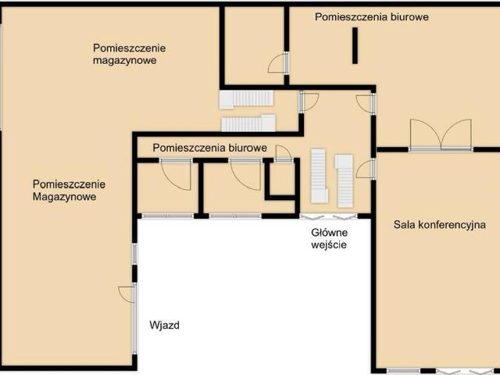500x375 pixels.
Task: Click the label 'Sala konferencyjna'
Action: (440, 225)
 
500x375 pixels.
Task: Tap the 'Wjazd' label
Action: (165, 325)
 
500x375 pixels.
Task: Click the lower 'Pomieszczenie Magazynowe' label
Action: (69, 191)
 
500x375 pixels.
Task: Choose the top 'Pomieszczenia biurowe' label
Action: (371, 16)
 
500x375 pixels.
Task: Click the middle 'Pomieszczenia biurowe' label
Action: (210, 147)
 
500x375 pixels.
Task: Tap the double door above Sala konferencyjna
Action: (441, 136)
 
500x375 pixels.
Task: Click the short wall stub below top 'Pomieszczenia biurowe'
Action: (355, 45)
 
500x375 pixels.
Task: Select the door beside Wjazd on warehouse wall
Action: (128, 295)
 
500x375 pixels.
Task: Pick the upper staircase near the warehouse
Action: (246, 98)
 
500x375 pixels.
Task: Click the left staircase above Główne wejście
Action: (318, 175)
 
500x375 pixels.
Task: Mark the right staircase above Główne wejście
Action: (345, 180)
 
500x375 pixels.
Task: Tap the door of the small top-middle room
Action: (279, 63)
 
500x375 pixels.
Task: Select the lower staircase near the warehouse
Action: (248, 123)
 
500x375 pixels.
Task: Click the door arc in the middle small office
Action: (245, 175)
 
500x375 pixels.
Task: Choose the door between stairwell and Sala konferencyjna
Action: (366, 169)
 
